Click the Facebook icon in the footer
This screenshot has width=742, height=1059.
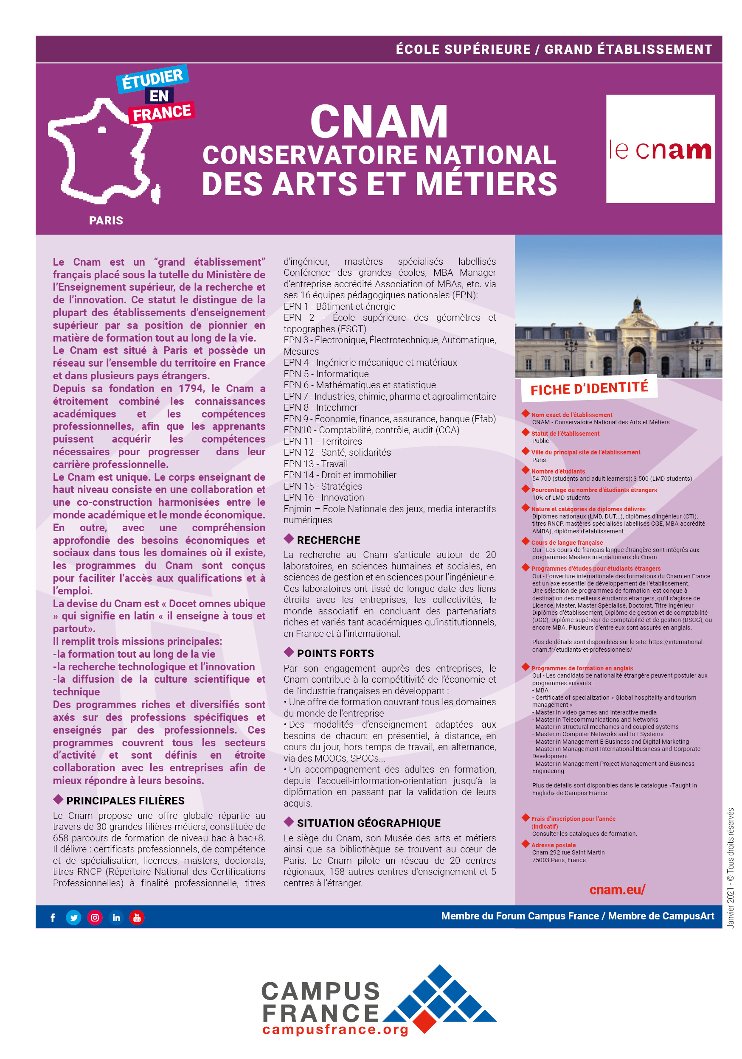(53, 917)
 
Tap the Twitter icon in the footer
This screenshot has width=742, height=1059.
(73, 917)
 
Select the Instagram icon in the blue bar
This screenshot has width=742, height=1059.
(95, 917)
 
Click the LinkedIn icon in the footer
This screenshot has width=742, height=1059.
(116, 917)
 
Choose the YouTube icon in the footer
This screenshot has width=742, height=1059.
(137, 917)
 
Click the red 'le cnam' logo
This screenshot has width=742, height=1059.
(660, 149)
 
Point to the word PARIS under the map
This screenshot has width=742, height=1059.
(106, 221)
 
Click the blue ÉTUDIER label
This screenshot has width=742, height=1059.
(152, 79)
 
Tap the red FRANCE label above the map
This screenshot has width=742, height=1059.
(162, 112)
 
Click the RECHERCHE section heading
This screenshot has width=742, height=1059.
(328, 540)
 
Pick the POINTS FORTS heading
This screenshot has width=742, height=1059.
(335, 653)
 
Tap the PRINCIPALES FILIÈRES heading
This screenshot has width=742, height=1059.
(125, 800)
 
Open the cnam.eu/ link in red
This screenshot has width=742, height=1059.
(617, 889)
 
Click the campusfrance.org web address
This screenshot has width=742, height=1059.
(335, 1029)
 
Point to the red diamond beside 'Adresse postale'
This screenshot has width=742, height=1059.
(525, 844)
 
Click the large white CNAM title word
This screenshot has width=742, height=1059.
(379, 121)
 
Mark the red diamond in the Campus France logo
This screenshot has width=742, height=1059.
(425, 1021)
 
